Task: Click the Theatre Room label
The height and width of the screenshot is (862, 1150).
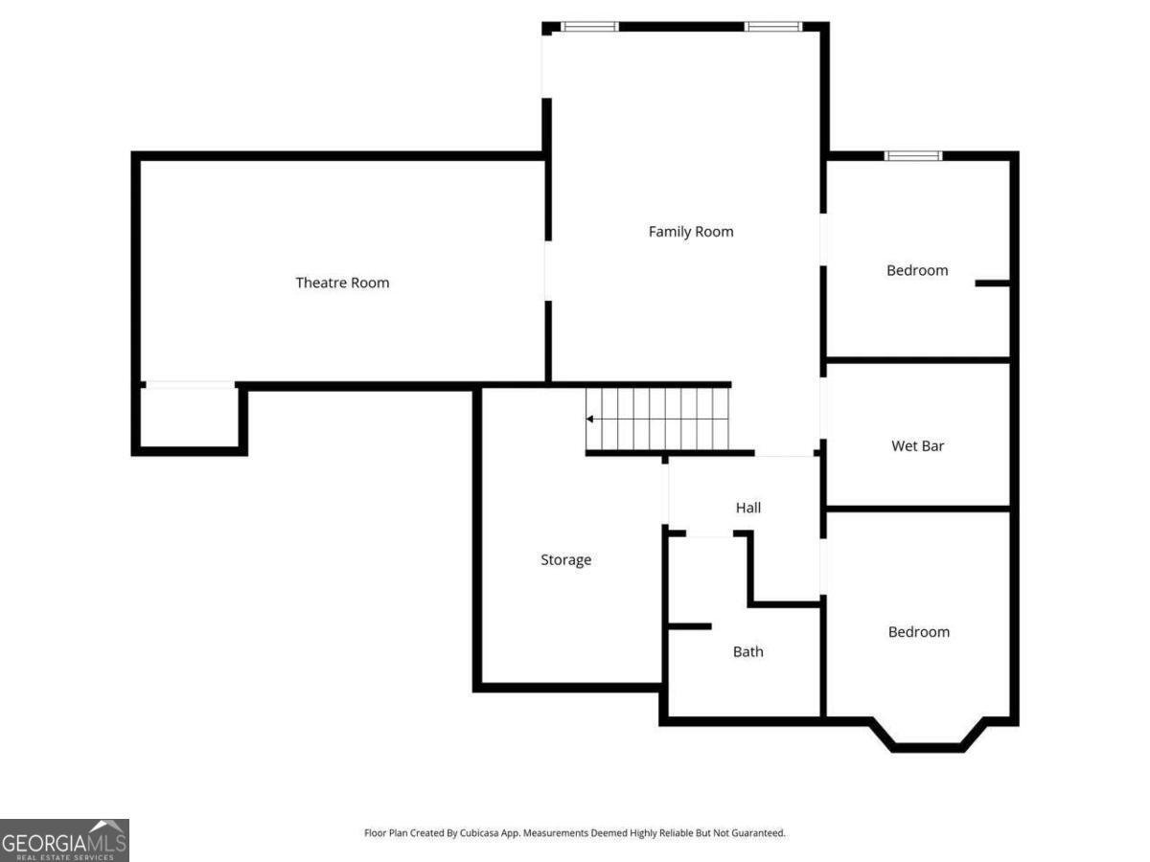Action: (342, 283)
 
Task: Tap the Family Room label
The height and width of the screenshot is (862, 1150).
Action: (690, 232)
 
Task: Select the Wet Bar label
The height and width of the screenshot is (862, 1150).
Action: (917, 446)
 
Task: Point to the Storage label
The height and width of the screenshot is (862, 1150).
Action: (565, 560)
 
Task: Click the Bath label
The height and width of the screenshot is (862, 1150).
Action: (747, 652)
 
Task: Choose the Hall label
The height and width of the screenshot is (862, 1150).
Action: (747, 508)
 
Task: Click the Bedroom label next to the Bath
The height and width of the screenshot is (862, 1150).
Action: (918, 632)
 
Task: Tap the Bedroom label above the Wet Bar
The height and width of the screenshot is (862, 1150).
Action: (917, 271)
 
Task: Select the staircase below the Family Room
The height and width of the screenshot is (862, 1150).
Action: (659, 420)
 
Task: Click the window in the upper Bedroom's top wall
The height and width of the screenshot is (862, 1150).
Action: (912, 155)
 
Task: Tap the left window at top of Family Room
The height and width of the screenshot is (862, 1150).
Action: (589, 27)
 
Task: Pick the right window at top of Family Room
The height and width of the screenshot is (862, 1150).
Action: (772, 27)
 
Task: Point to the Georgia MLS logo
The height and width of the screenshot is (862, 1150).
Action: (64, 840)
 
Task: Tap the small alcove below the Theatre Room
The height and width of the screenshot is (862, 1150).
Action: (189, 418)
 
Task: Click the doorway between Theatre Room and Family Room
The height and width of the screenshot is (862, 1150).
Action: (547, 271)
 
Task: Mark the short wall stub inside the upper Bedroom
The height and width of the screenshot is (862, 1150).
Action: (993, 284)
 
